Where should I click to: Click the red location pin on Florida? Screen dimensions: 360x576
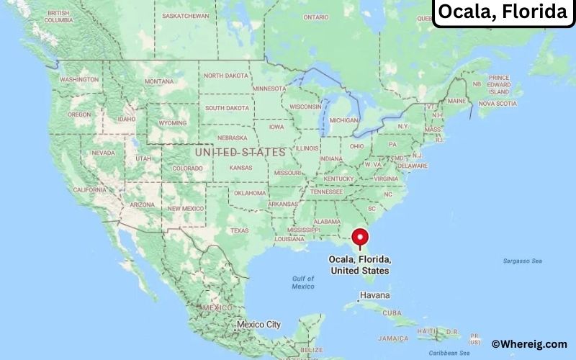359,236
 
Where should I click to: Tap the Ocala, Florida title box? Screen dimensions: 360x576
503,12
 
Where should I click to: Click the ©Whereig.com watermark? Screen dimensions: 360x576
528,344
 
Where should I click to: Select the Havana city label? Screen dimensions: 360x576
375,296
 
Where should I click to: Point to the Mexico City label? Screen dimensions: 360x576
258,325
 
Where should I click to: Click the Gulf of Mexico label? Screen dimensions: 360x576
303,282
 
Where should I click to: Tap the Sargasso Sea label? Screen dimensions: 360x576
521,260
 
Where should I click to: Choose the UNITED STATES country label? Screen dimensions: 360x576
240,153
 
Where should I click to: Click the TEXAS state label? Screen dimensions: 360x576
239,230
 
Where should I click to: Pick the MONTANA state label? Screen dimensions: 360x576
159,81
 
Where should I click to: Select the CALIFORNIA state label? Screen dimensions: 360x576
90,189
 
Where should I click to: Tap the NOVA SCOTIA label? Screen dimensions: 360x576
498,104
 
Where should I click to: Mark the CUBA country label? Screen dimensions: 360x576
392,313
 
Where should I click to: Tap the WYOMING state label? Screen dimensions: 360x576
171,123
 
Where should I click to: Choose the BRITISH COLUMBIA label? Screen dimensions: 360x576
58,17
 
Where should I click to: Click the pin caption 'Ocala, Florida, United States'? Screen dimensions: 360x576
359,264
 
